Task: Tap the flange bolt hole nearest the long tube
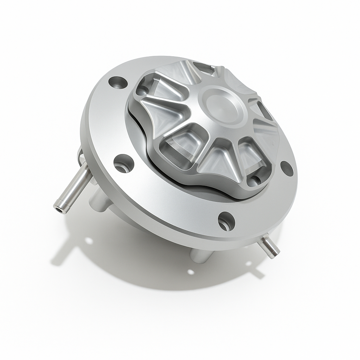[x=123, y=164]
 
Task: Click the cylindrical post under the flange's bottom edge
[x=200, y=255]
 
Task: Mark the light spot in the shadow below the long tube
[x=89, y=241]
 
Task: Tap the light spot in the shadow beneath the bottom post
[x=191, y=272]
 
